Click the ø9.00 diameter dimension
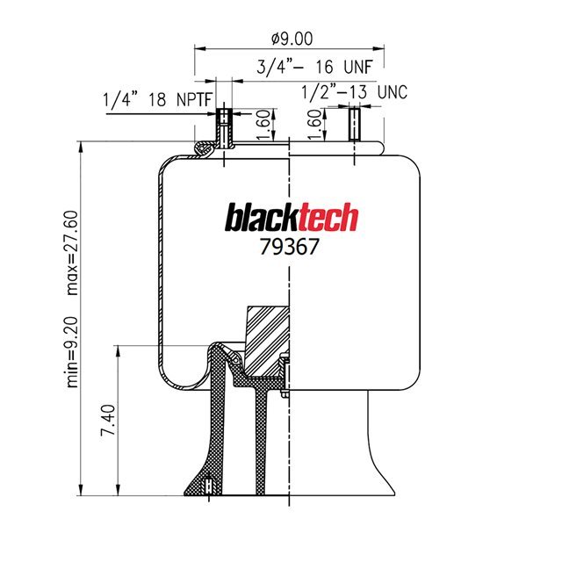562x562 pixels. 289,39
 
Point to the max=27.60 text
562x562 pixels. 74,242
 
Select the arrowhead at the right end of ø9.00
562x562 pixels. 380,49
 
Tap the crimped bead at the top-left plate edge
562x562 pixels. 203,150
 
